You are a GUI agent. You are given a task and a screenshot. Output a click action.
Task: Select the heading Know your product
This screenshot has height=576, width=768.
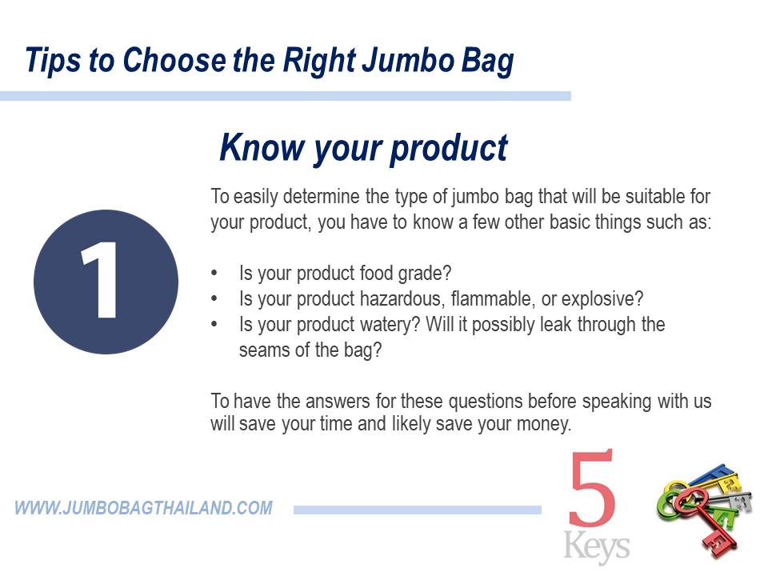point(363,148)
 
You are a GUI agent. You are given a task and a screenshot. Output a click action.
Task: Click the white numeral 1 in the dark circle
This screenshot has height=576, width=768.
point(100,281)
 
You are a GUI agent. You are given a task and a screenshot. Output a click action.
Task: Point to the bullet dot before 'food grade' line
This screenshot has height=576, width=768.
point(214,274)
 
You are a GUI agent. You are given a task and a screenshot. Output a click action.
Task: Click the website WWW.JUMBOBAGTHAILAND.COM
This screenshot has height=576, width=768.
point(143,508)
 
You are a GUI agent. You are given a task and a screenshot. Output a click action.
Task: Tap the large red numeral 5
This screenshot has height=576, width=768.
point(592,488)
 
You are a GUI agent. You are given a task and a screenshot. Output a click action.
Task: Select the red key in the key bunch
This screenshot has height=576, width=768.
point(706,519)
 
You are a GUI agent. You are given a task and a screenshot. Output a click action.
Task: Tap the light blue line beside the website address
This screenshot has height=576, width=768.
point(418,510)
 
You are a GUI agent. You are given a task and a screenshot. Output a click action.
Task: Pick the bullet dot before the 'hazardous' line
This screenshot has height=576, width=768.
point(214,298)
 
